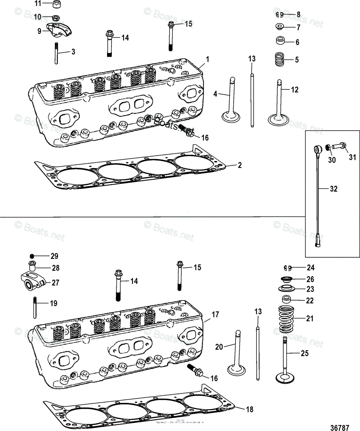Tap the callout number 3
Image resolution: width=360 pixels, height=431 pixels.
[x=73, y=52]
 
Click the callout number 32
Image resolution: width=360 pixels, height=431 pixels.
[x=334, y=189]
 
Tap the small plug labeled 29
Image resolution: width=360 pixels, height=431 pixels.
[x=32, y=256]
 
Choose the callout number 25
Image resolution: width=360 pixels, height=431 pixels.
[x=304, y=354]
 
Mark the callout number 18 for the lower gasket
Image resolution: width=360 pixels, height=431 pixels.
[x=249, y=409]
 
